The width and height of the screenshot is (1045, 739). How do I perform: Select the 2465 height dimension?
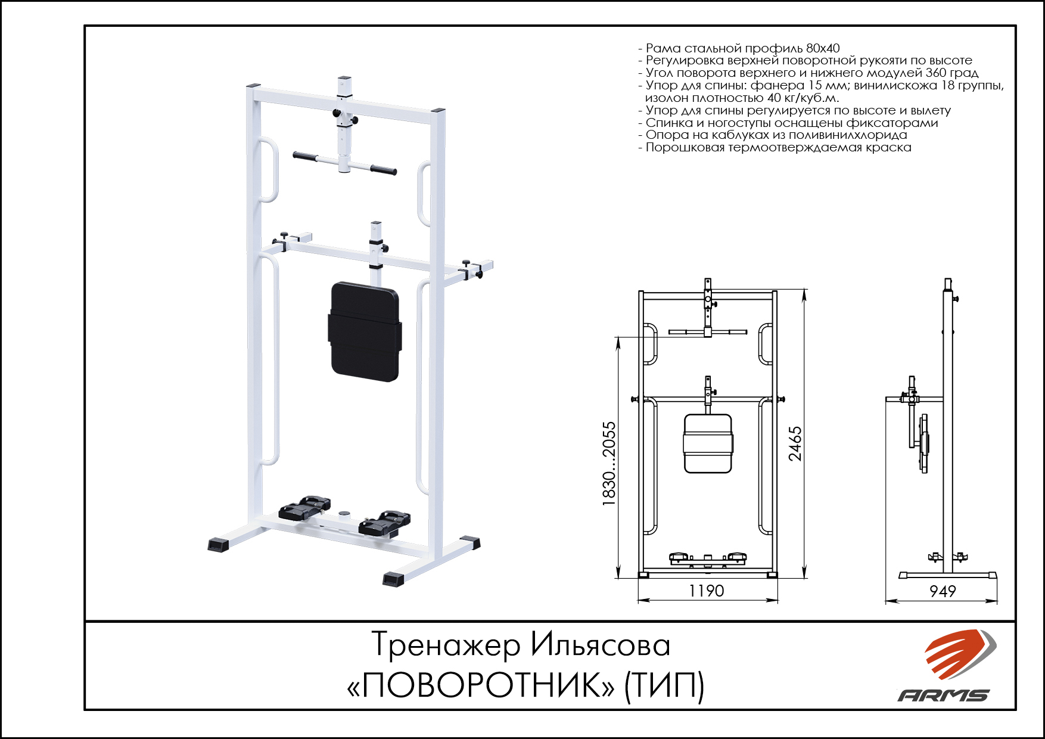tap(795, 443)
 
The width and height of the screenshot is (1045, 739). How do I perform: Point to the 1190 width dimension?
tap(707, 591)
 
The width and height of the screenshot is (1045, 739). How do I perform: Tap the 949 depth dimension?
tap(943, 591)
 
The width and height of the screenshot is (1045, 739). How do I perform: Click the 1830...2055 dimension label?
tap(609, 464)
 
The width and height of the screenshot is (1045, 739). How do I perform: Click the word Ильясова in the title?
tap(601, 645)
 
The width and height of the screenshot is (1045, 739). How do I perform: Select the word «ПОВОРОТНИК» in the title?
tap(481, 685)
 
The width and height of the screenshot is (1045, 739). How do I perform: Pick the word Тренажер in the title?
tap(446, 645)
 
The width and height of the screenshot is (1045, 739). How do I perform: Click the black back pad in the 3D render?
tap(365, 331)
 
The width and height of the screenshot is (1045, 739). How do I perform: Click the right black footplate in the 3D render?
tap(384, 522)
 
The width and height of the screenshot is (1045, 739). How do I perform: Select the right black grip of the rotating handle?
tap(383, 170)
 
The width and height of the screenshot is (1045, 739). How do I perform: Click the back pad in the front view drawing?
tap(708, 444)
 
